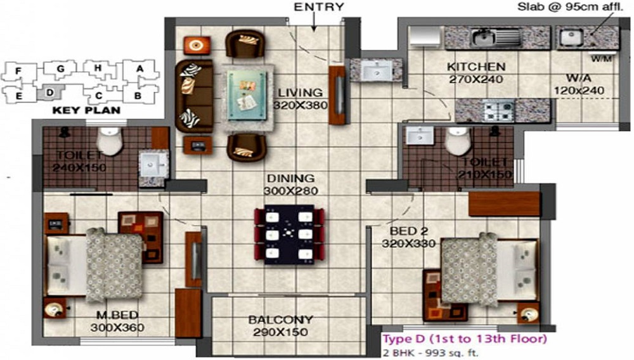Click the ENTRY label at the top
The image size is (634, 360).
click(319, 8)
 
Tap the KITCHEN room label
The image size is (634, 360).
click(475, 67)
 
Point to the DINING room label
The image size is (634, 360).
click(290, 179)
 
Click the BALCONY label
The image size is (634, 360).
click(280, 320)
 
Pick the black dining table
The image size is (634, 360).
click(285, 235)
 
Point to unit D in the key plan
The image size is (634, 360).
click(49, 93)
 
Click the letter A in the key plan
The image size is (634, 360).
click(140, 68)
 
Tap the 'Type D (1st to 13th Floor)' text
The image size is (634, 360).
click(464, 339)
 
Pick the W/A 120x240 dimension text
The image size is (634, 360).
click(576, 91)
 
